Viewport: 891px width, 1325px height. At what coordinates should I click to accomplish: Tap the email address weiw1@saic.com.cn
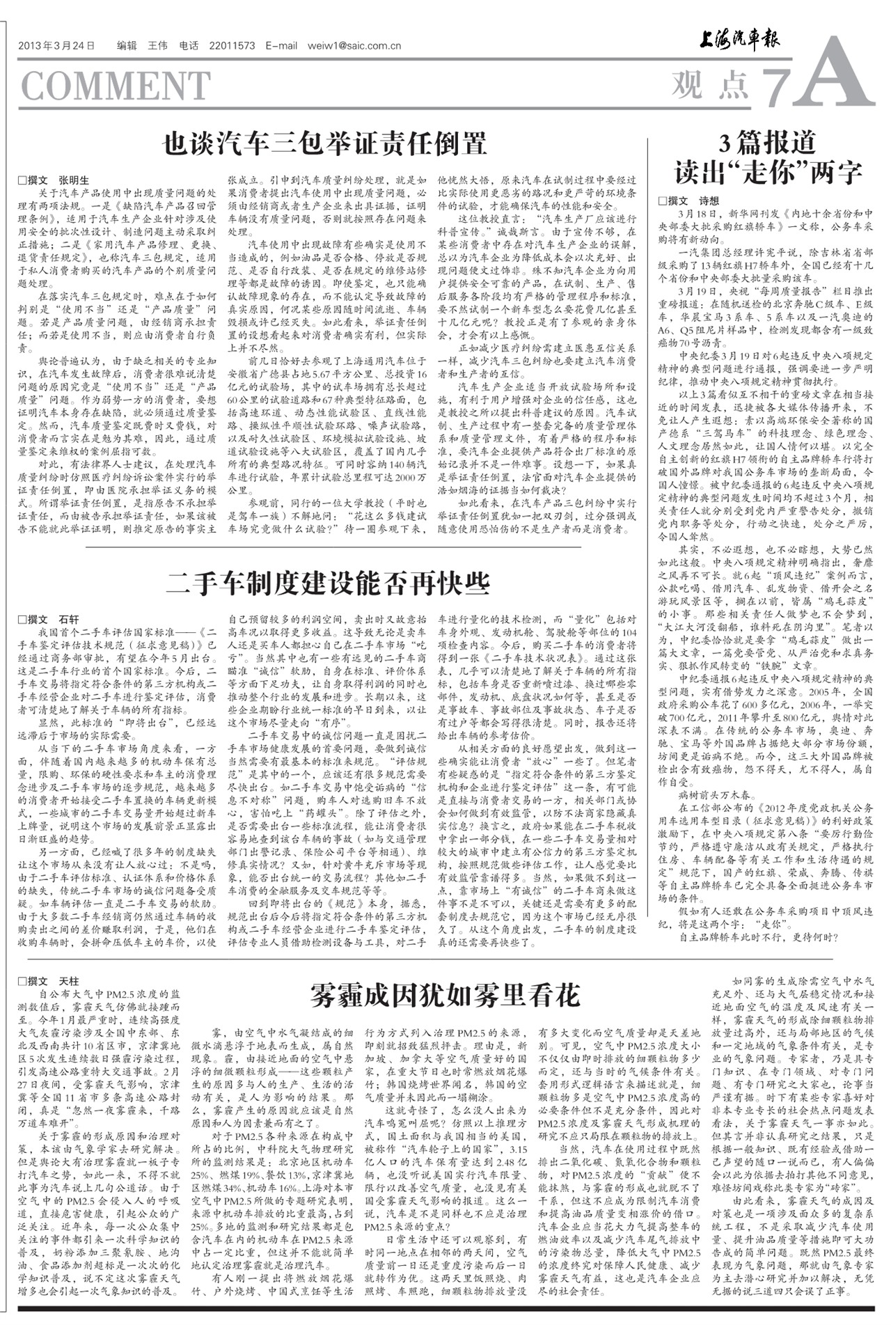coord(354,46)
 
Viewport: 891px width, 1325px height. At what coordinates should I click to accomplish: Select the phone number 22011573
coord(232,46)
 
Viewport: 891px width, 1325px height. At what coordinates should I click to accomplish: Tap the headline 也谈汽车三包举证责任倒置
coord(324,144)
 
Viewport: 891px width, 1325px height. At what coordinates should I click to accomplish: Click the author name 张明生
coord(74,180)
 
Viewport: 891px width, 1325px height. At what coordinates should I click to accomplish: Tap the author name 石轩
coord(69,619)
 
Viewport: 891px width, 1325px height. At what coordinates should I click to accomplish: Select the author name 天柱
coord(69,982)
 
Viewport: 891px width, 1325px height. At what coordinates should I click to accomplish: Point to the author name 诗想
coord(709,201)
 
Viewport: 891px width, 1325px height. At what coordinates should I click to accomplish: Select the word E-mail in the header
coord(281,46)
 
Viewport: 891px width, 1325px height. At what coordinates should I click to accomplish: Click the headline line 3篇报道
coord(767,143)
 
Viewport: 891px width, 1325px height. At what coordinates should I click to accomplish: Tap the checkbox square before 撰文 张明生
coord(22,180)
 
